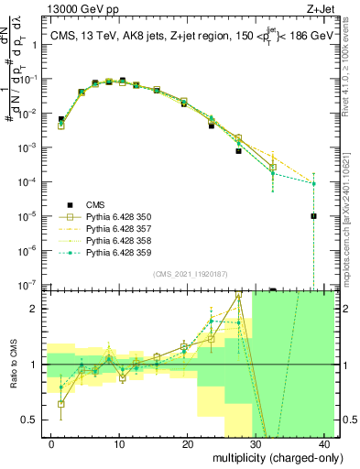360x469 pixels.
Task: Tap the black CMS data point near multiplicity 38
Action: (313, 216)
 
